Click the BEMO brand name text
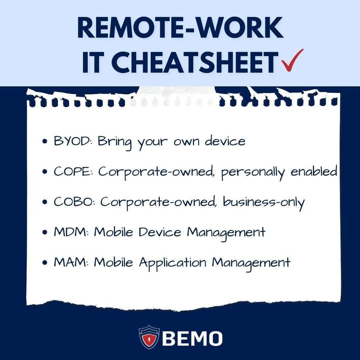click(192, 338)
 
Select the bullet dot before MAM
click(45, 263)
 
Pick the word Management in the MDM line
click(226, 233)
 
